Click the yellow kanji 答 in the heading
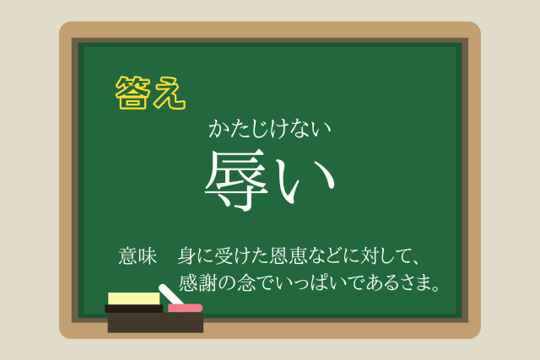(133, 93)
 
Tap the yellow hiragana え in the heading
(170, 93)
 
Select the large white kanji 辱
(236, 180)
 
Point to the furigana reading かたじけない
(270, 129)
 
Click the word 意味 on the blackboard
(138, 256)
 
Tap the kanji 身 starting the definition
(187, 256)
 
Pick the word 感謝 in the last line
(197, 283)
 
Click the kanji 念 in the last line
(246, 283)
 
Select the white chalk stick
(170, 294)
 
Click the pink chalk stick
(186, 308)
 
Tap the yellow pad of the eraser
(134, 298)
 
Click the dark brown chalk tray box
(155, 323)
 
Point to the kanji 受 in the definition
(224, 256)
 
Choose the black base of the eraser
(134, 309)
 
